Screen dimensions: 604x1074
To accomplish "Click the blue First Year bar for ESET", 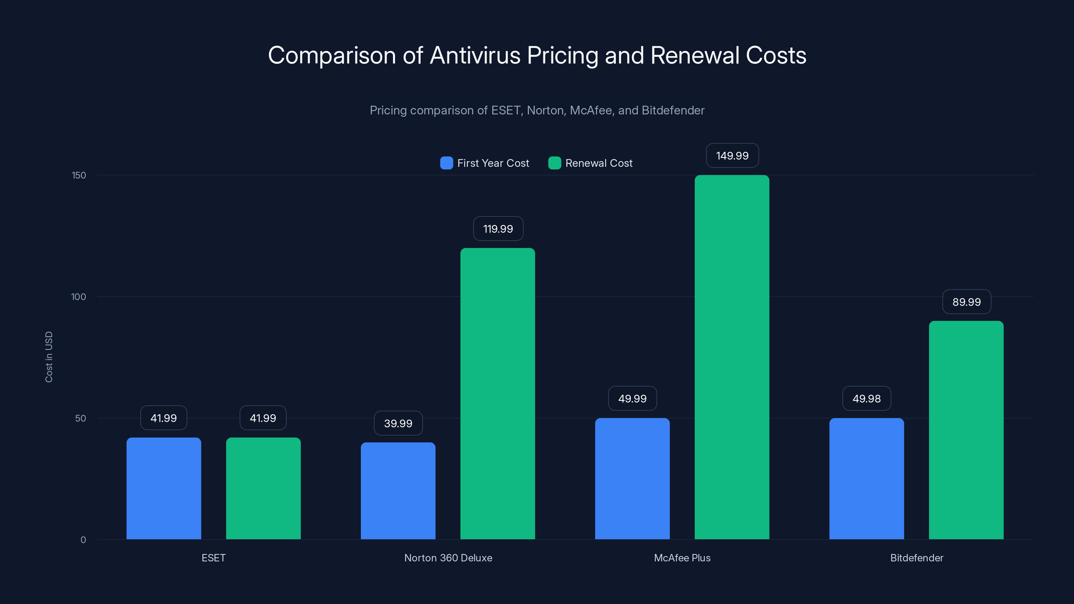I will (x=163, y=488).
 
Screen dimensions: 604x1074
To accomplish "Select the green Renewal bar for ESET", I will (x=263, y=488).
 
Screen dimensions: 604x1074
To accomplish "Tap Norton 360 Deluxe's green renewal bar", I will (x=497, y=394).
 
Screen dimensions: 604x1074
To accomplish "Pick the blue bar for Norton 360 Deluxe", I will (x=398, y=491).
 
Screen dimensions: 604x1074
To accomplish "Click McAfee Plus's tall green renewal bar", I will (x=732, y=357).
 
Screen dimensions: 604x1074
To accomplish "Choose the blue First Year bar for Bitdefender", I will (x=866, y=479).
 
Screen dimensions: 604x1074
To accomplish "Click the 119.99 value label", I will (x=498, y=229).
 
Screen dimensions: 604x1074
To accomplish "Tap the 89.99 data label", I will (x=967, y=302).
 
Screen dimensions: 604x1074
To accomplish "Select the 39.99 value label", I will (x=398, y=423).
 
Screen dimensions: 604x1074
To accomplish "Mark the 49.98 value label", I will (x=866, y=399).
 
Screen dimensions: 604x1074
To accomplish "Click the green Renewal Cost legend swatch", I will (x=554, y=163).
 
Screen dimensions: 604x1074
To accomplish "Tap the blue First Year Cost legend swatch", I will (x=446, y=163).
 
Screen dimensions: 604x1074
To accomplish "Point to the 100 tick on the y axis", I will (x=79, y=297).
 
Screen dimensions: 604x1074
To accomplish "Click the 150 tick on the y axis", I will (x=79, y=175).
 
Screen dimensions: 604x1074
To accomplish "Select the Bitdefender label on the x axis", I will (x=916, y=558).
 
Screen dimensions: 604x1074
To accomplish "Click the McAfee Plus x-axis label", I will (x=682, y=558).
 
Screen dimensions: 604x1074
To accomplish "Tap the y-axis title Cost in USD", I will (x=49, y=357).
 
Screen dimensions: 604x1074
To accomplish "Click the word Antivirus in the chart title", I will (x=475, y=55).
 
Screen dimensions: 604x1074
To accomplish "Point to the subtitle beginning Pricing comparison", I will (x=537, y=110).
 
